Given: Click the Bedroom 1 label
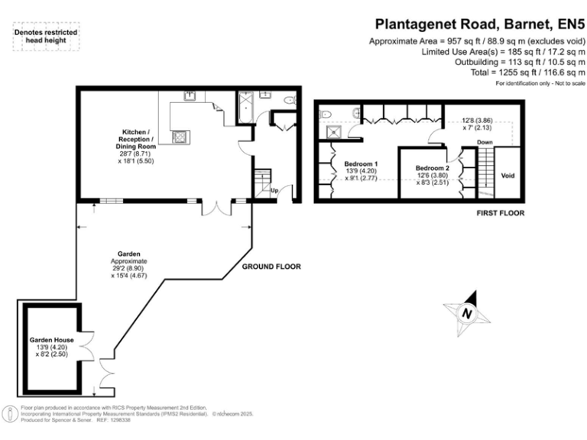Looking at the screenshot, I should (361, 163).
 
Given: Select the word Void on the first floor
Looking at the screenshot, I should (508, 176).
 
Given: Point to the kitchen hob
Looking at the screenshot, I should (181, 137).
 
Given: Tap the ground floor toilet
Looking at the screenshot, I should (289, 100).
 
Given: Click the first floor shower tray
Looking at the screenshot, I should (333, 132).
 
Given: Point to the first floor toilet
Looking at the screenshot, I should (325, 114).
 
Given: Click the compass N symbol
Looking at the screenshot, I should (465, 313).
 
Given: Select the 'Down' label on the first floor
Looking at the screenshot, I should (485, 143).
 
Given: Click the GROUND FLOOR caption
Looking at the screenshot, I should (271, 267).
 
